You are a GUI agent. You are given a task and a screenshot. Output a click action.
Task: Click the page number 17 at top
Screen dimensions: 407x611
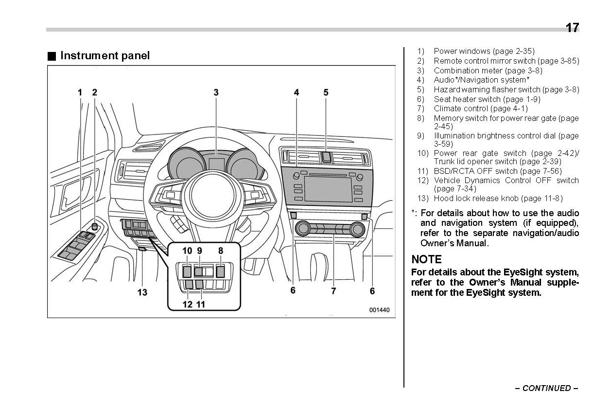tap(572, 28)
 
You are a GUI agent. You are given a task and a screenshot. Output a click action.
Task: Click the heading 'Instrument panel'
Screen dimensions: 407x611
tap(105, 55)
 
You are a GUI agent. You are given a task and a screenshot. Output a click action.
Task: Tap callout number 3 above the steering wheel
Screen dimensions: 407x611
tap(216, 92)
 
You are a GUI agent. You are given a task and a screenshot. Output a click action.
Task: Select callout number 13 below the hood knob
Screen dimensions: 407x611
tap(142, 292)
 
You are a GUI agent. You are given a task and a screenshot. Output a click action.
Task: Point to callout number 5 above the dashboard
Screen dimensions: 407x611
tap(326, 92)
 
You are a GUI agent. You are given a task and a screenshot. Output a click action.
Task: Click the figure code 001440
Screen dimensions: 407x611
tap(379, 310)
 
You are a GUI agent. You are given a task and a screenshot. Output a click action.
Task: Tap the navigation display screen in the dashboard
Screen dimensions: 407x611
tap(328, 189)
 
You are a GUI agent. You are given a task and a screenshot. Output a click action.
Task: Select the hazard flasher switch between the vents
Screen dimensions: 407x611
tap(326, 156)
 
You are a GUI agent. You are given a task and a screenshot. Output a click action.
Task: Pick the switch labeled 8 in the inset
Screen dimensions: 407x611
tap(220, 271)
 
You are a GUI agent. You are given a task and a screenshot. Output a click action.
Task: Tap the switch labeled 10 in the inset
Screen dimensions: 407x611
tap(187, 271)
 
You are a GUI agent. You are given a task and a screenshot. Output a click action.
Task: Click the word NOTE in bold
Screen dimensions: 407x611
tap(426, 259)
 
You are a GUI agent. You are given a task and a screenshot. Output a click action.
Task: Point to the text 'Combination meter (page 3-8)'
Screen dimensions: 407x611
tap(488, 70)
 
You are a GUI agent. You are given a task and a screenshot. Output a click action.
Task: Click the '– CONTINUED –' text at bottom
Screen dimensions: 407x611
tap(546, 388)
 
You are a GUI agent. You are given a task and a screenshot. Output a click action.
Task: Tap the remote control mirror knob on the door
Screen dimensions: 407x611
tap(95, 226)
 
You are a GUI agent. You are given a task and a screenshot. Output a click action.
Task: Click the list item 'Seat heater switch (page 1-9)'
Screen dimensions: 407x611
tap(487, 99)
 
